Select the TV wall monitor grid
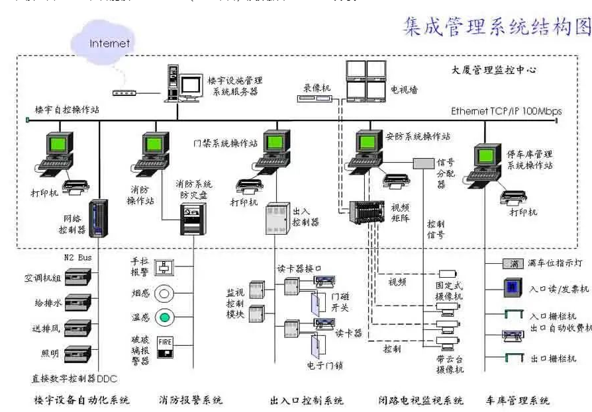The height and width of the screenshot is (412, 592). pyautogui.click(x=366, y=79)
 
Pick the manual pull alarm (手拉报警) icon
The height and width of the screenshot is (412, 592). pyautogui.click(x=164, y=267)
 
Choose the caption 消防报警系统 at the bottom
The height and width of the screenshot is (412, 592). pyautogui.click(x=191, y=400)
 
